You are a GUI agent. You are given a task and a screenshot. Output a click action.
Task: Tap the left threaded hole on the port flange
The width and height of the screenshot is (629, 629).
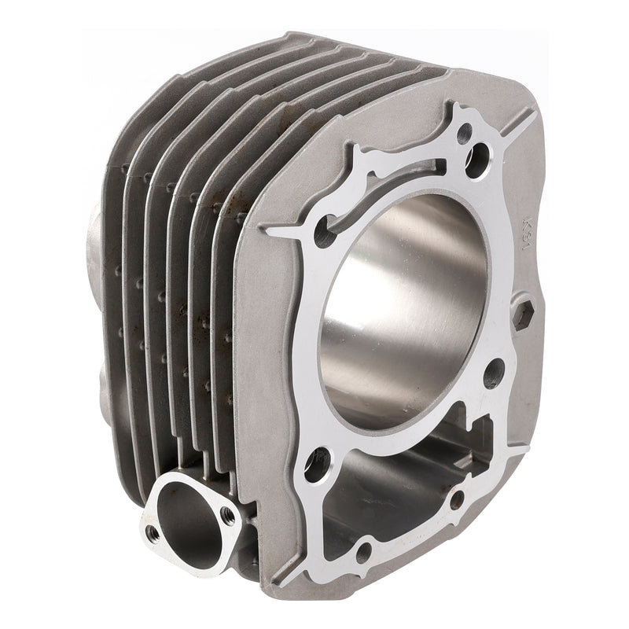[x=153, y=534]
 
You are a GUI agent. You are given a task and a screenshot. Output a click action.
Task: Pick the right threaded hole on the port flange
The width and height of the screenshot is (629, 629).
[x=228, y=515]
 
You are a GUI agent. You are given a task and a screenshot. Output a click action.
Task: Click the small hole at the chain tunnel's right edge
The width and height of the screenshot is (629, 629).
[x=456, y=497]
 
